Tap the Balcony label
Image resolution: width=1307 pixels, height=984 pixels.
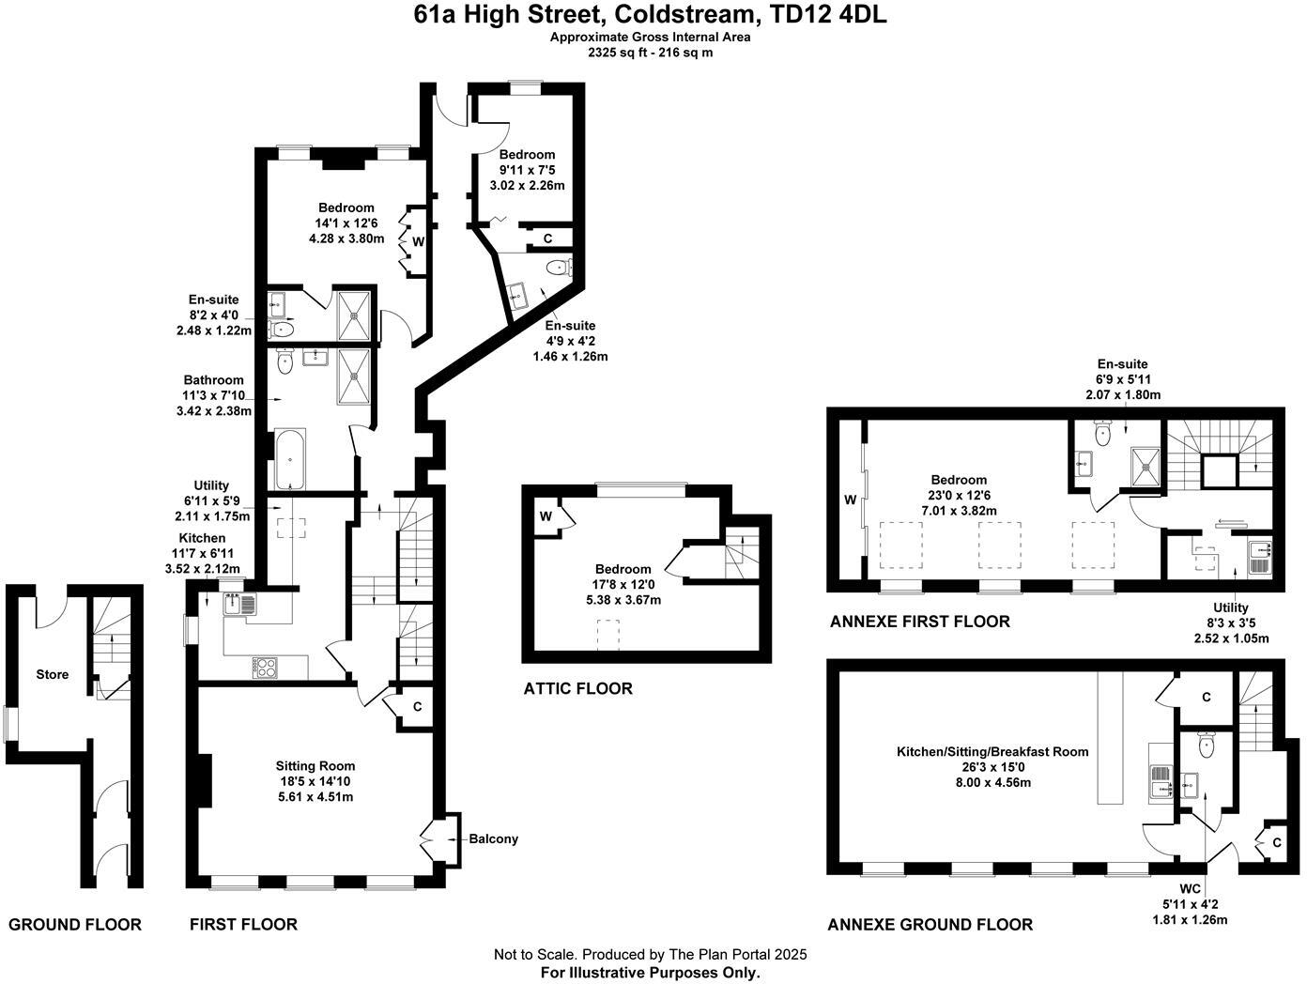pos(493,838)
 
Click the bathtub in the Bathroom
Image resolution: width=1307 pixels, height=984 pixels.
pos(290,459)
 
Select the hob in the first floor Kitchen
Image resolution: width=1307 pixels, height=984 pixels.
pos(266,668)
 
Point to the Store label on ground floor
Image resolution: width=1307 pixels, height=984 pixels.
pos(53,674)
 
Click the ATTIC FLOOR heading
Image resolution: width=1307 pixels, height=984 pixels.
pos(577,688)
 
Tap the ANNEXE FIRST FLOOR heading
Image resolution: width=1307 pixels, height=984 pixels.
pos(919,622)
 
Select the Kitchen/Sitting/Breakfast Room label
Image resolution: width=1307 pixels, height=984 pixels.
pos(992,751)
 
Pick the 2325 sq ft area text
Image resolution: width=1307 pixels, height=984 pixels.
pos(650,53)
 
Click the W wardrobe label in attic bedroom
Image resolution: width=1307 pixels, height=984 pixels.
pos(546,516)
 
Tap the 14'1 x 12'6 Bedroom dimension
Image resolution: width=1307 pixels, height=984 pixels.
pos(346,223)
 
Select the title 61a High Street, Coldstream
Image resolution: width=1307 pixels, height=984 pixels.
pos(650,15)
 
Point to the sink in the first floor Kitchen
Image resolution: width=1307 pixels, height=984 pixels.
pos(239,605)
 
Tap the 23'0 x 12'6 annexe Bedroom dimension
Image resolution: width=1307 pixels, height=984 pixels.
pos(959,495)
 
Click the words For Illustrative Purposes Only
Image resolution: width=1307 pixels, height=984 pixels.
pos(650,973)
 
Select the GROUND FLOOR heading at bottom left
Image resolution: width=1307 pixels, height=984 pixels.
pos(75,925)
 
